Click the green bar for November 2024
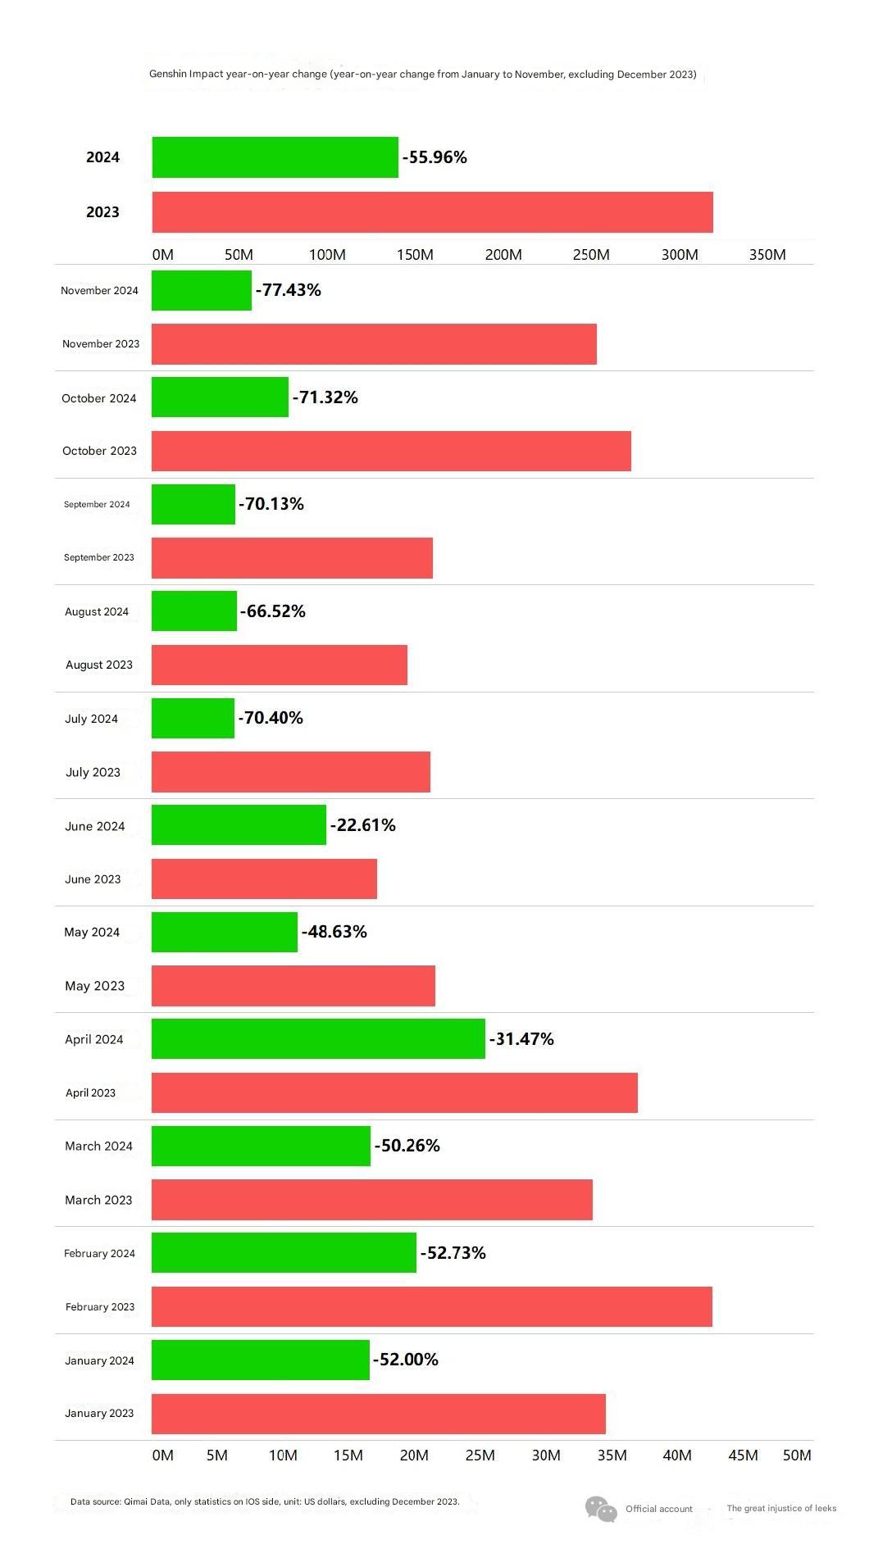click(x=202, y=290)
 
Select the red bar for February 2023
click(x=432, y=1306)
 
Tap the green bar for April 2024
click(x=318, y=1038)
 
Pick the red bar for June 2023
click(x=264, y=879)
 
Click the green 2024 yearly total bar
click(x=275, y=157)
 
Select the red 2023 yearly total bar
click(x=433, y=212)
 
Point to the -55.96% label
click(x=434, y=157)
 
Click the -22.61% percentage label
click(x=362, y=825)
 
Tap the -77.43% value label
click(x=288, y=290)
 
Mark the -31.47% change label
click(x=521, y=1039)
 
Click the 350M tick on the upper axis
click(x=767, y=255)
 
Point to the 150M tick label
click(x=415, y=255)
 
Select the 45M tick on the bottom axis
click(x=743, y=1455)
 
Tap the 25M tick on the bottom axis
click(x=480, y=1455)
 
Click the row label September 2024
click(x=97, y=505)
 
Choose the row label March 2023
click(x=98, y=1200)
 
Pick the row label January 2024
click(x=99, y=1360)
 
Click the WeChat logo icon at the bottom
click(x=601, y=1509)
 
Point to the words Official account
click(x=659, y=1509)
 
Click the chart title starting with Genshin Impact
click(x=423, y=75)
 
